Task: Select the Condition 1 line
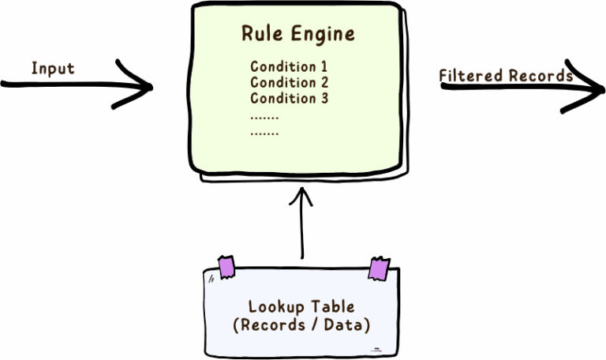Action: (289, 67)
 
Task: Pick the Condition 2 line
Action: (289, 83)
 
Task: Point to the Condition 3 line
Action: (289, 99)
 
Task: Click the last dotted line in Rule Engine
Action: (264, 134)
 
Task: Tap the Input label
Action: (53, 69)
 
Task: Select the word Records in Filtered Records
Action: (541, 77)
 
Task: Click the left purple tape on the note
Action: (226, 268)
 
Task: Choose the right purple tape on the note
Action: (379, 269)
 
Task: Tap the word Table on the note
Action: (331, 306)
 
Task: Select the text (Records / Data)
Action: (302, 324)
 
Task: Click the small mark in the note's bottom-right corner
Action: (377, 349)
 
